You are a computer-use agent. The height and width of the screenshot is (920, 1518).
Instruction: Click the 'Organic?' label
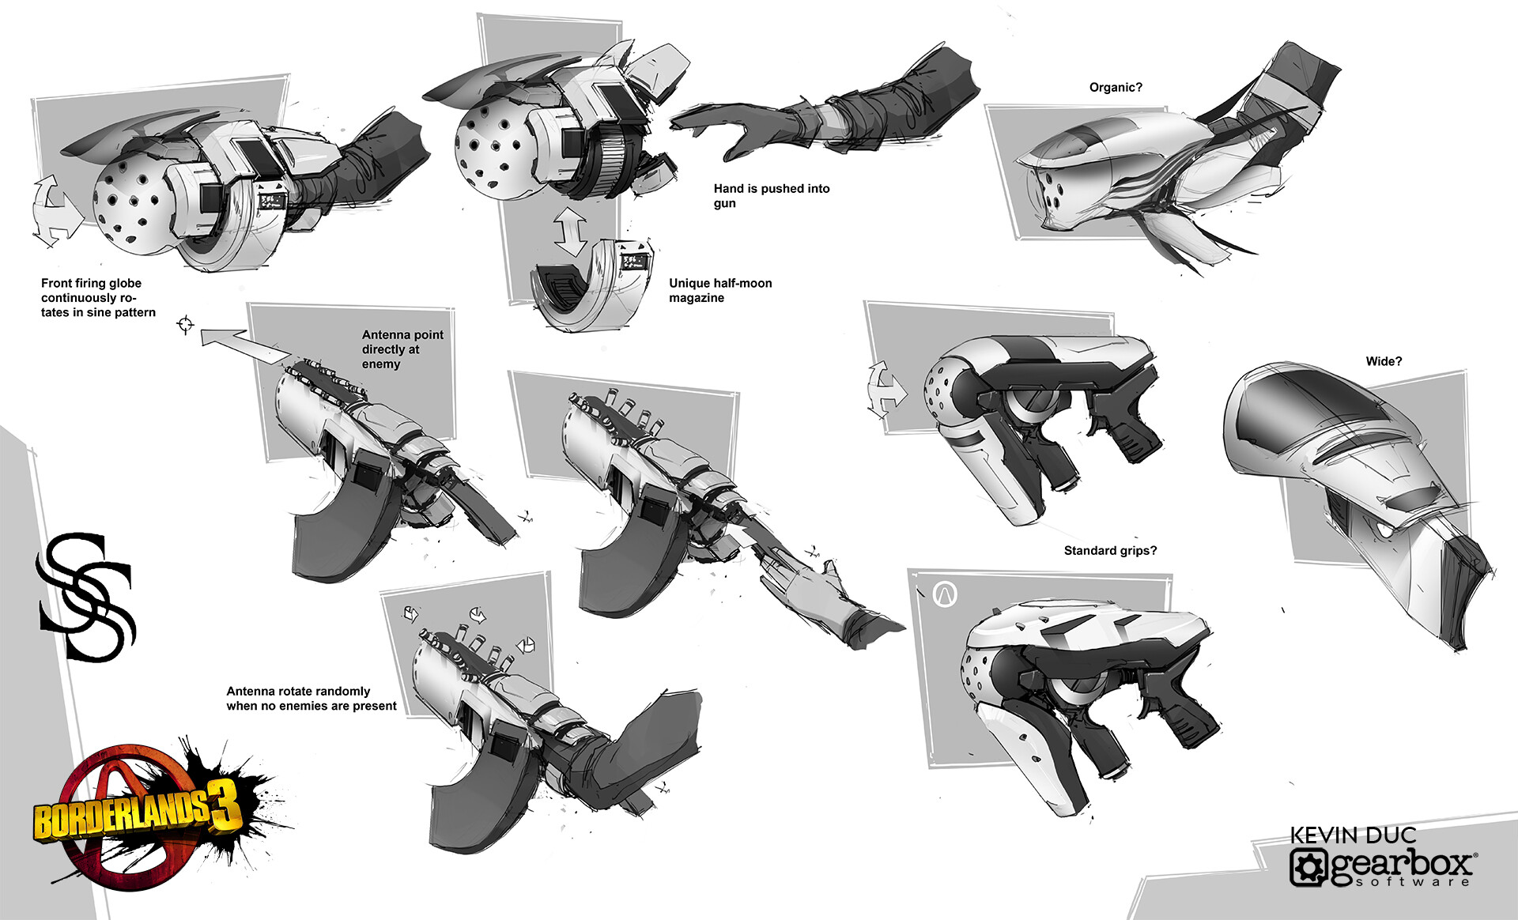pos(1115,88)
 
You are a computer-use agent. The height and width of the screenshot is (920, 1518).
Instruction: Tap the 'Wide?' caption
pos(1384,361)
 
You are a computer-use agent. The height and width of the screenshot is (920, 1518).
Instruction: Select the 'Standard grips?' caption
pos(1110,551)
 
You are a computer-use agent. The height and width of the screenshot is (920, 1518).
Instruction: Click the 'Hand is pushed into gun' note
pos(771,195)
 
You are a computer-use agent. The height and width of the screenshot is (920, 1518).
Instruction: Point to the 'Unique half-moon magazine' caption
pos(720,290)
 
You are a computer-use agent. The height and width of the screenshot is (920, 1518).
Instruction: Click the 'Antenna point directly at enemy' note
pos(402,349)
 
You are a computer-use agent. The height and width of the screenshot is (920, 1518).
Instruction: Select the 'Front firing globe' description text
pos(98,297)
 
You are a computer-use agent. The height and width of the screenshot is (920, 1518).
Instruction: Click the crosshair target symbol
pos(186,324)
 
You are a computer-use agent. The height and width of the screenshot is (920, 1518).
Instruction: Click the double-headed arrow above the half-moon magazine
pos(570,231)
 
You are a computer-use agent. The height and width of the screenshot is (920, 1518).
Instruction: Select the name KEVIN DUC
pos(1353,835)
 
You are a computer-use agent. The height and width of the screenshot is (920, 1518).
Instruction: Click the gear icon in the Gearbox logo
pos(1308,867)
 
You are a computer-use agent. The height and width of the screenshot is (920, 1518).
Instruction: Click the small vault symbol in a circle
pos(945,594)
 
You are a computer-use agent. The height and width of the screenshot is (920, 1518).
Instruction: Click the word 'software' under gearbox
pos(1413,881)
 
